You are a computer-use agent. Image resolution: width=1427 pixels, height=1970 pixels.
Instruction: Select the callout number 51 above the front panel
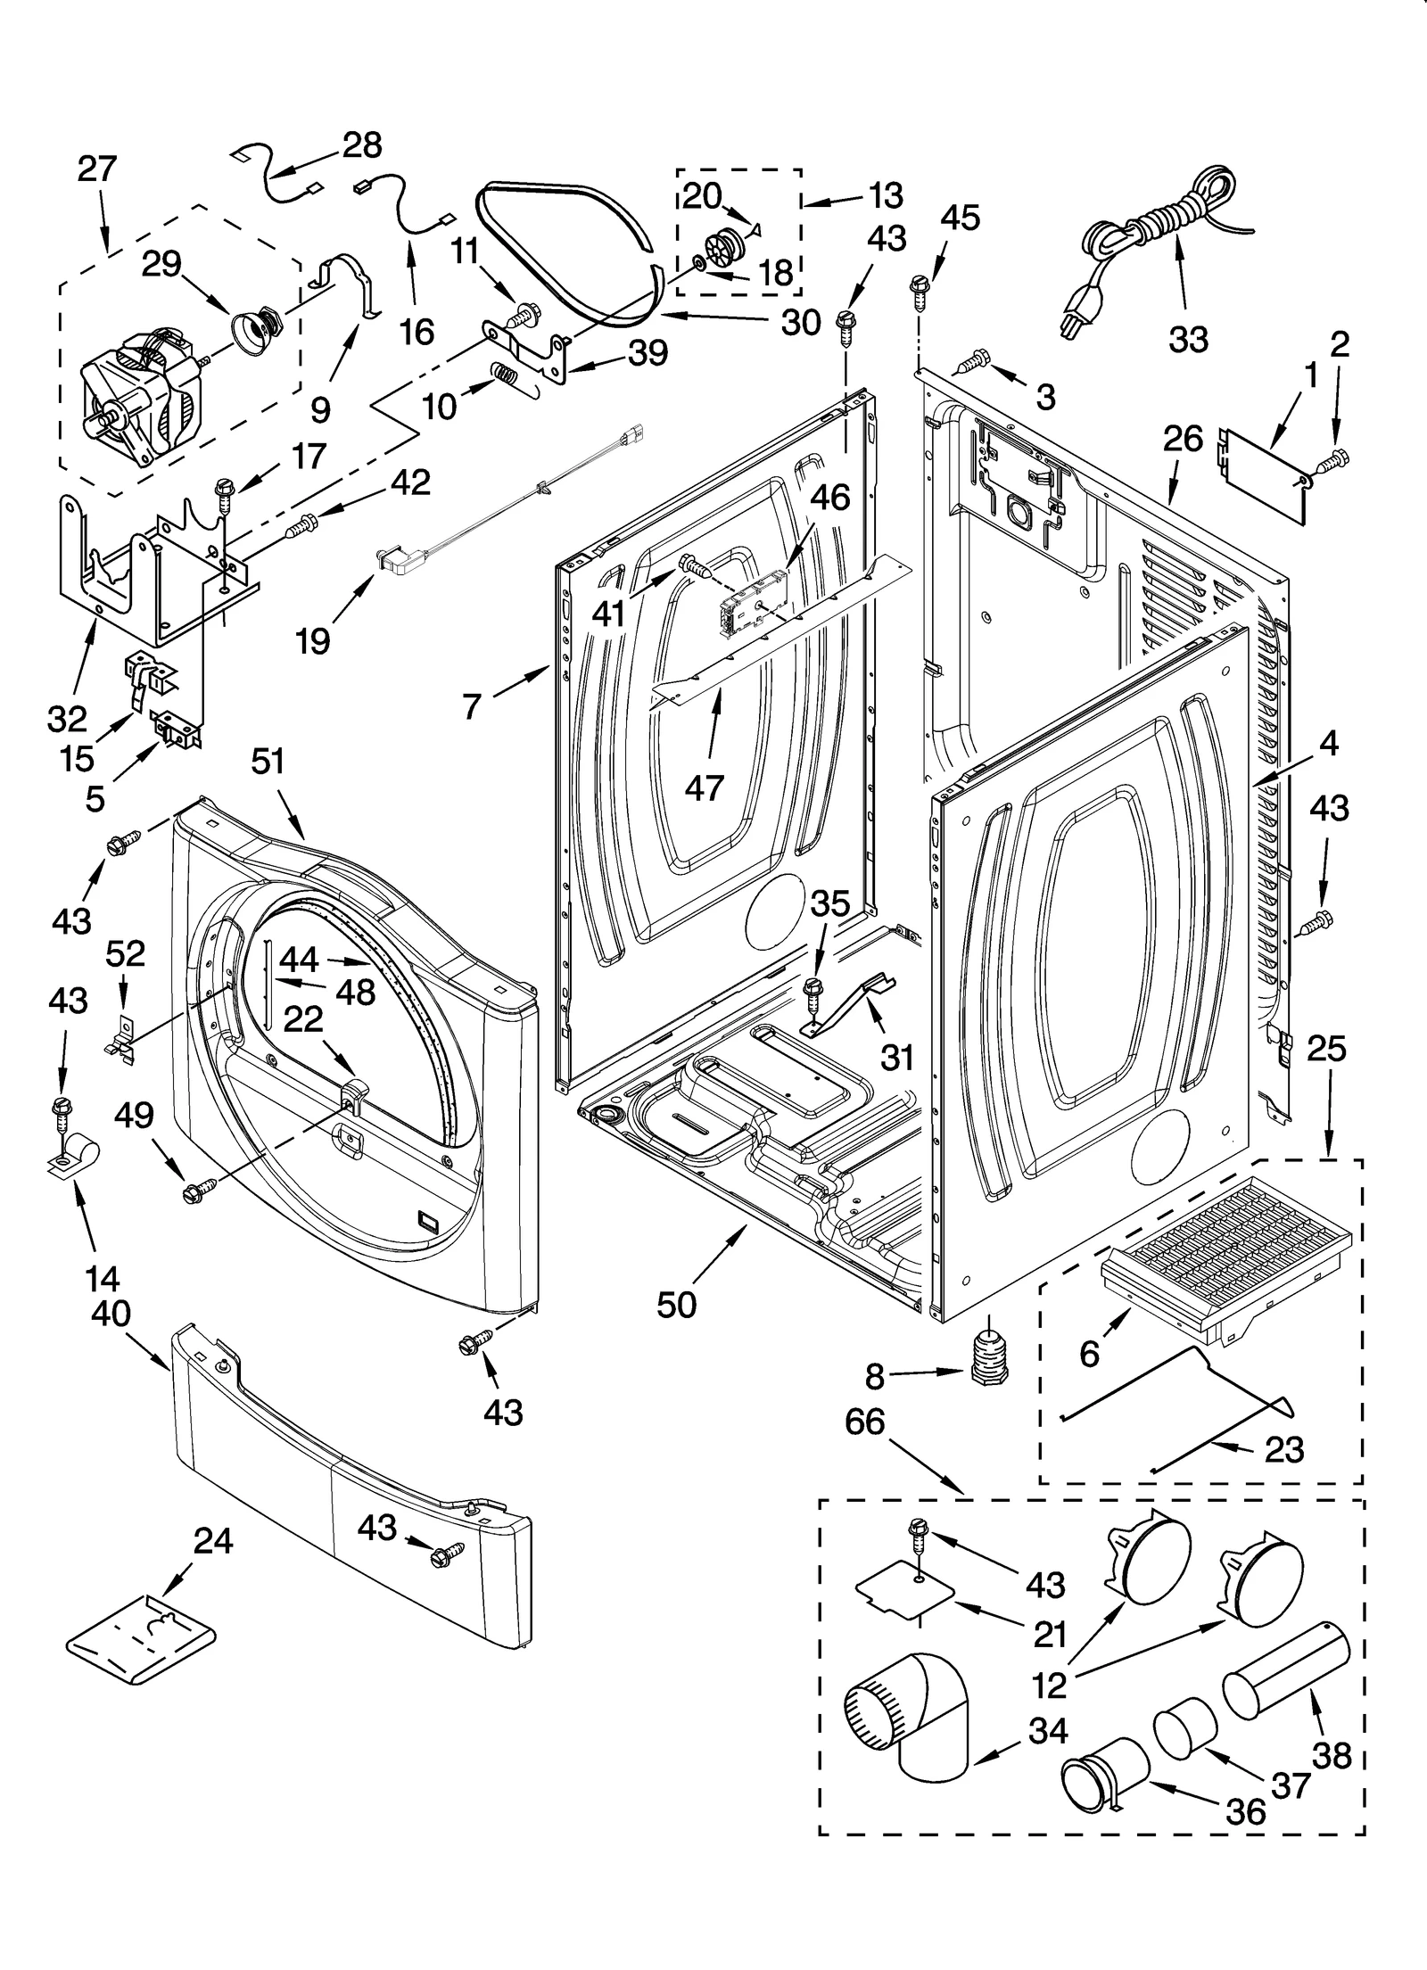[268, 762]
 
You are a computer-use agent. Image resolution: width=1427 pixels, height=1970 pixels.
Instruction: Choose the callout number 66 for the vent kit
[862, 1422]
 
